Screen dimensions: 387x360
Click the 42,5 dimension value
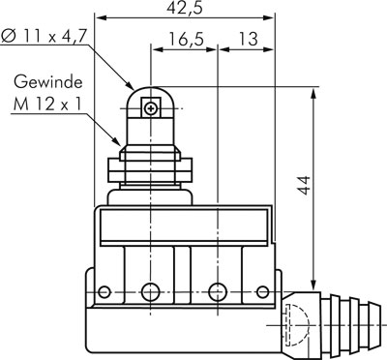[185, 8]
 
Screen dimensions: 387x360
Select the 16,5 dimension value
[187, 40]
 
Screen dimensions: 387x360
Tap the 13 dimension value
[248, 39]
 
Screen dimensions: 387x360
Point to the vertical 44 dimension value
[305, 186]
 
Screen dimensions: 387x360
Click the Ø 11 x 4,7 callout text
[44, 36]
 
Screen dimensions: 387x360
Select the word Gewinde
[48, 82]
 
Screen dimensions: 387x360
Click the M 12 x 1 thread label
[47, 105]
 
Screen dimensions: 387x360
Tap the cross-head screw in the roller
[150, 108]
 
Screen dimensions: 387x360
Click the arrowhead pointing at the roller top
[130, 85]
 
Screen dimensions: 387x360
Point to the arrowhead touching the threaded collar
[116, 141]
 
